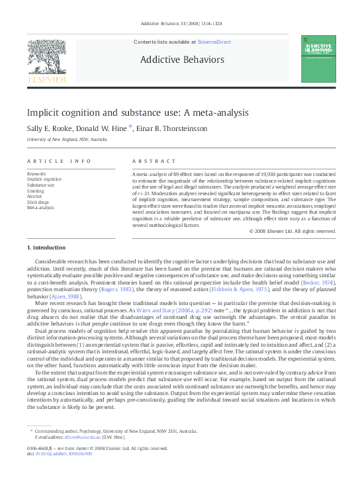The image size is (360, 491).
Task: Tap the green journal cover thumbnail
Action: click(318, 58)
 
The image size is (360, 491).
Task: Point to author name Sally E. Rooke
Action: click(51, 128)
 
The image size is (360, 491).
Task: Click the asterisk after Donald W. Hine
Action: click(130, 127)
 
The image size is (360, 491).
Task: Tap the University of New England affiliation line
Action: click(66, 140)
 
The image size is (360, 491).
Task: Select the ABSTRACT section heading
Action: click(149, 161)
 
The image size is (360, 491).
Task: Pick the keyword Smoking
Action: click(36, 191)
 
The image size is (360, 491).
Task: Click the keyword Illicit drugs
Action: click(39, 202)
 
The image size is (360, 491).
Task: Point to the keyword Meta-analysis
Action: click(40, 208)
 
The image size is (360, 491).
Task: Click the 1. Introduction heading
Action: click(46, 247)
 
